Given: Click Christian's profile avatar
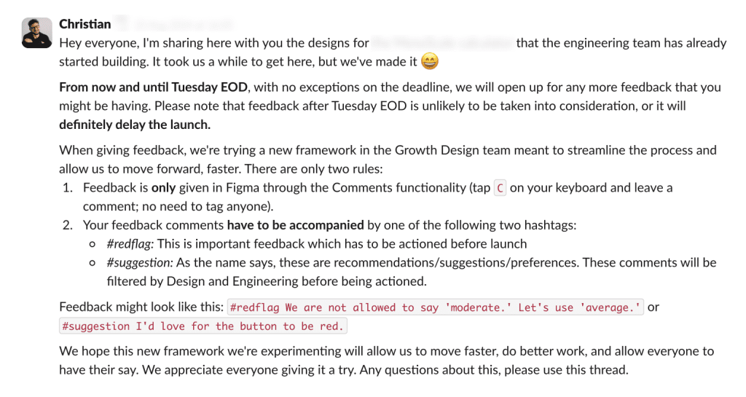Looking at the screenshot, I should click(36, 33).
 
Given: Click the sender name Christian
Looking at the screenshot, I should click(85, 24).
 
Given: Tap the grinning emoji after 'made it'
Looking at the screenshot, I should click(430, 62).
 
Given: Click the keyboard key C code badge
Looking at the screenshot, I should click(500, 188).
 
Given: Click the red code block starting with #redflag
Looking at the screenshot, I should click(436, 307).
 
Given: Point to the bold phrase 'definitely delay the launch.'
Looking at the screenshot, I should click(135, 124).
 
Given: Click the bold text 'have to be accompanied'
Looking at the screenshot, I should click(295, 225).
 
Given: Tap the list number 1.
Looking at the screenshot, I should click(67, 188).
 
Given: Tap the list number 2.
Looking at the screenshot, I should click(67, 225).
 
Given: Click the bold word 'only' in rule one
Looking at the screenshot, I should click(163, 188).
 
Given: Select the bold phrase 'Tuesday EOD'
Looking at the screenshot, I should click(211, 87).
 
